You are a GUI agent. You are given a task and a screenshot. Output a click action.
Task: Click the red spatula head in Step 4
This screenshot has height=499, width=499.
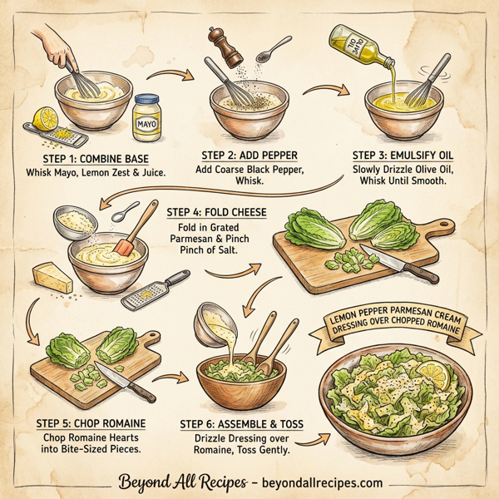126,247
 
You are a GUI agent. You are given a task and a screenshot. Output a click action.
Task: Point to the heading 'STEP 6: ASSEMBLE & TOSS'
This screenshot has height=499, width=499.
241,424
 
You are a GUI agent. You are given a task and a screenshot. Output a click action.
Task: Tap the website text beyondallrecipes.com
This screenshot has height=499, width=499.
327,482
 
